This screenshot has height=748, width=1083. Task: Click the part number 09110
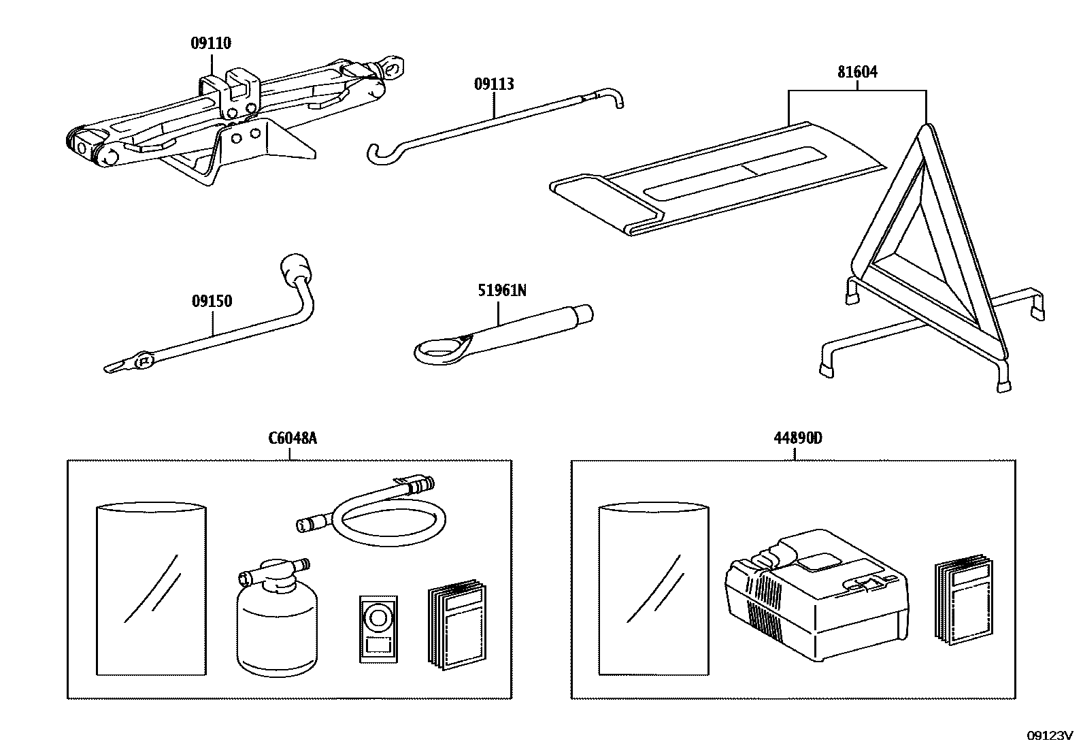pyautogui.click(x=210, y=44)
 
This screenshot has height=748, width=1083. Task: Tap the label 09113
pyautogui.click(x=494, y=84)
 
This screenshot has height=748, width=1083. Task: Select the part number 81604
pyautogui.click(x=857, y=71)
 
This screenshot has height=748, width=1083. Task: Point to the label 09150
pyautogui.click(x=212, y=301)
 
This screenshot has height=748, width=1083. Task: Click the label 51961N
pyautogui.click(x=501, y=291)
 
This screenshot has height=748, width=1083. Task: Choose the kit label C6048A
pyautogui.click(x=293, y=438)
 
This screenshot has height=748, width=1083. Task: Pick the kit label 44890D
pyautogui.click(x=797, y=438)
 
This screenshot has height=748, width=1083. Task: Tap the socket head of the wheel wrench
pyautogui.click(x=297, y=269)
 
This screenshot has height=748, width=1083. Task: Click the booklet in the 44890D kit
pyautogui.click(x=963, y=602)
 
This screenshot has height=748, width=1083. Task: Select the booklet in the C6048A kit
pyautogui.click(x=456, y=625)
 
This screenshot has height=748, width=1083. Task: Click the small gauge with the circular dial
pyautogui.click(x=378, y=628)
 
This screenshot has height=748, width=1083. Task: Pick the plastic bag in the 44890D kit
pyautogui.click(x=652, y=589)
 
